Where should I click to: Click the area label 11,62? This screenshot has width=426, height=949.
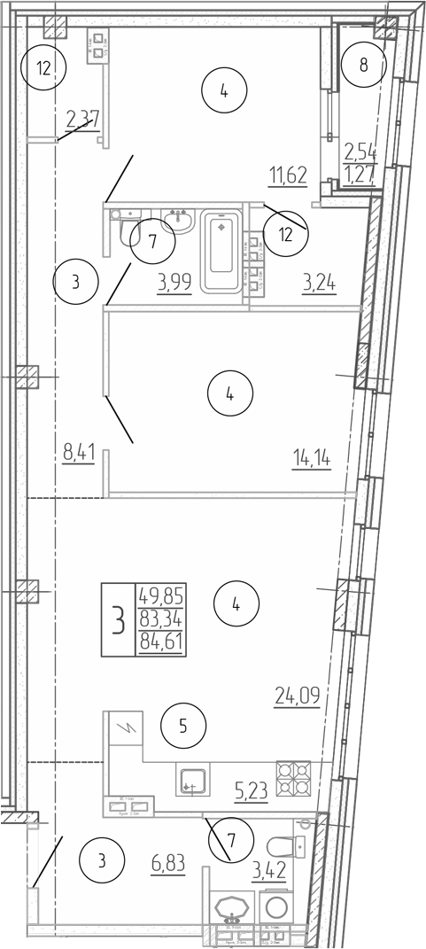[288, 175]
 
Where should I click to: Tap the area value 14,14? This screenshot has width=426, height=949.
[312, 457]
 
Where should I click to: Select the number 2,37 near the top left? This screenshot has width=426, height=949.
[82, 118]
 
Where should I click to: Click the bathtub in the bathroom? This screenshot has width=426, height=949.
[221, 251]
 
